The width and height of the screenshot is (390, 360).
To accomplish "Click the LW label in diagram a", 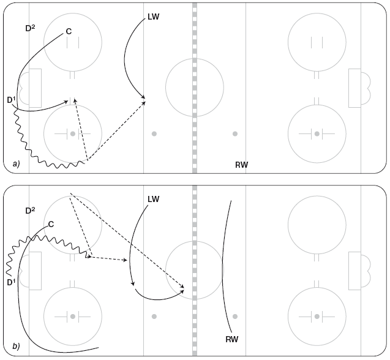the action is coord(153,17).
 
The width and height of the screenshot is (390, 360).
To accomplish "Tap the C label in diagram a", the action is coord(69,31).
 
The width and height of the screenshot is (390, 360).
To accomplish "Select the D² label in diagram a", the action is coord(30,28).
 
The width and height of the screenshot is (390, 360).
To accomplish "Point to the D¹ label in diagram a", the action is coord(12,100).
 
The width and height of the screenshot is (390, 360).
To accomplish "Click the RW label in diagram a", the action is coord(241,165).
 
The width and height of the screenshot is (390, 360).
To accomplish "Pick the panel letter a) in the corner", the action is coord(16,163).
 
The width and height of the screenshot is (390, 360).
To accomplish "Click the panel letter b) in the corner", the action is coord(16,346).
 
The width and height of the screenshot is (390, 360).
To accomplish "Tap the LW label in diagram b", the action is coord(153,199).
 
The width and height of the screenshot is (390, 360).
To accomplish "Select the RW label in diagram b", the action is coord(232,339).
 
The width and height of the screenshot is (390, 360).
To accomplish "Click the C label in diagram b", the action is coord(51,225).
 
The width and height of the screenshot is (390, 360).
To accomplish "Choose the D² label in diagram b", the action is coord(30,211).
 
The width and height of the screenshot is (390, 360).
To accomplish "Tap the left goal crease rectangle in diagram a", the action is coord(36,88).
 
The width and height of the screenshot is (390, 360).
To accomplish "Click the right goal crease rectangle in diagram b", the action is coord(354,271).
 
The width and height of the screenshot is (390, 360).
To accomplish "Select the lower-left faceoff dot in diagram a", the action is coord(73,134).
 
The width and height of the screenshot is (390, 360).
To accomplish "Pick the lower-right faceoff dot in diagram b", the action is coord(317,317).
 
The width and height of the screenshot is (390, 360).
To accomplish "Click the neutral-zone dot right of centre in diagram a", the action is coord(235,134).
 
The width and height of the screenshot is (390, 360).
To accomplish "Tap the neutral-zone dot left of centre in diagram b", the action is coord(154,317).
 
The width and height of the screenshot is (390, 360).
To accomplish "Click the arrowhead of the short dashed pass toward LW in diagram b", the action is coord(126,260).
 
